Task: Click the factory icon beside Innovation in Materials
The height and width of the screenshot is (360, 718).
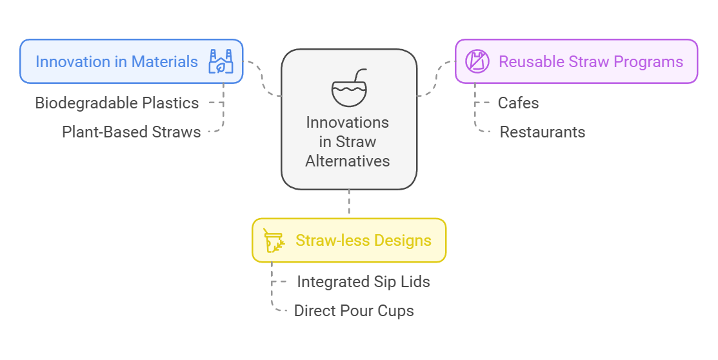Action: (221, 61)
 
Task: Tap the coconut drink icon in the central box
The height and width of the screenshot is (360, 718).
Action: (350, 88)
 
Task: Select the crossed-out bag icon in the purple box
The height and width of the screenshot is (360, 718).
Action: (477, 61)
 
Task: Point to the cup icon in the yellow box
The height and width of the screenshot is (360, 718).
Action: (274, 241)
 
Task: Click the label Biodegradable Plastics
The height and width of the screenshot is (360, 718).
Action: (117, 103)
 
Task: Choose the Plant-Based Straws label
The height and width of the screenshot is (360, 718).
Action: (132, 132)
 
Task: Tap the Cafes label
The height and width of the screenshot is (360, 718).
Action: (519, 103)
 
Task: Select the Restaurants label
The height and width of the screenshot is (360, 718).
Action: (543, 132)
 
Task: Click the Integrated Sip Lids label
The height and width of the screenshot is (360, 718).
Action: (364, 282)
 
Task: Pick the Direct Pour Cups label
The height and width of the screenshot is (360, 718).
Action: (354, 310)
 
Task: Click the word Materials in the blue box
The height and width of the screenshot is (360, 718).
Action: (165, 61)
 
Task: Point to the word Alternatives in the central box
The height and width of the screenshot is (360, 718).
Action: (348, 161)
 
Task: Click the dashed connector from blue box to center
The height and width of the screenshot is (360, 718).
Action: (263, 78)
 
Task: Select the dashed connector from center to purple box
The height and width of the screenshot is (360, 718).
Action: (436, 79)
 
